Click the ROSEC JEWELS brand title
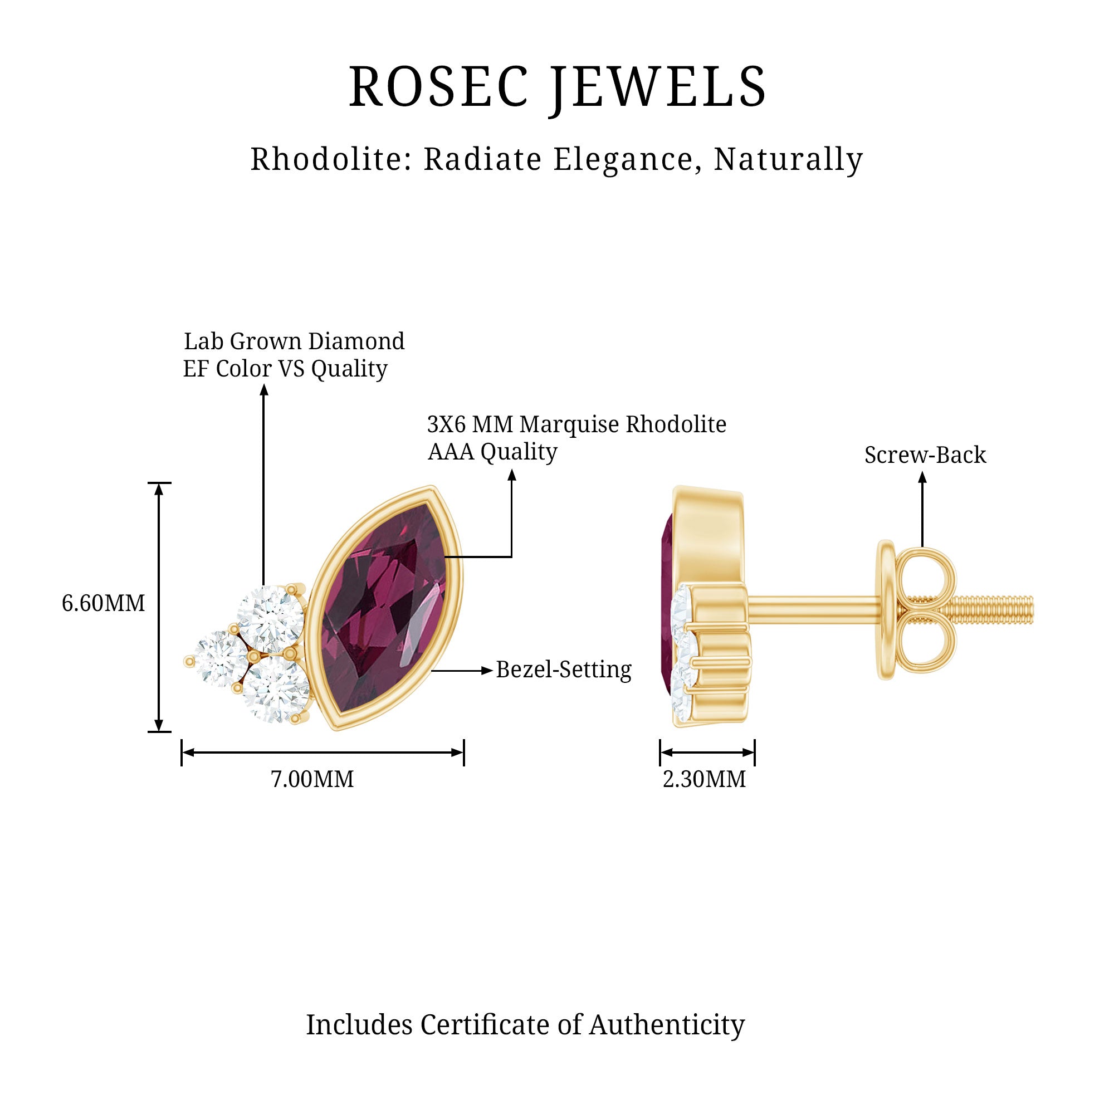[557, 87]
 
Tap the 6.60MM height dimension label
[103, 604]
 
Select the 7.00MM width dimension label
[312, 780]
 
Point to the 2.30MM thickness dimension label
[704, 780]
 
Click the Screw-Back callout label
[925, 455]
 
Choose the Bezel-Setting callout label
[563, 670]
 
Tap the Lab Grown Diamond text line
[294, 341]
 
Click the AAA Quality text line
[492, 452]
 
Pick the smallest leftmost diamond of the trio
[220, 658]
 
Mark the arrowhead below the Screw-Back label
[922, 477]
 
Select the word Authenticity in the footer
[667, 1025]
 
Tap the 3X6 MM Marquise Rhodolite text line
[576, 424]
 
